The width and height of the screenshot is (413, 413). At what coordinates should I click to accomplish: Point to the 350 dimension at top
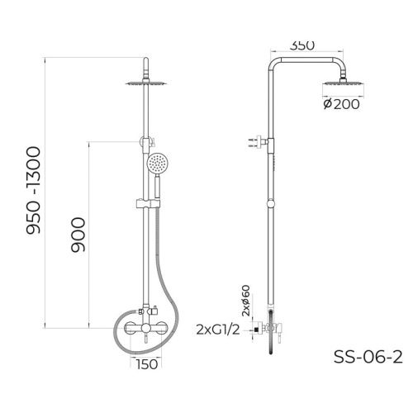pos(302,46)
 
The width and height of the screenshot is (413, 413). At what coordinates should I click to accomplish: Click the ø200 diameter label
pos(340,105)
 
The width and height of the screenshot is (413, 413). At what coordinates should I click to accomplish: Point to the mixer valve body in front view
pos(145,327)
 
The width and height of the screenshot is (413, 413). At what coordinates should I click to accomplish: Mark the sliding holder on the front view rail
pos(145,202)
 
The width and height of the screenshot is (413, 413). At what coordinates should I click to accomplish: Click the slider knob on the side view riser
pos(272,202)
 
